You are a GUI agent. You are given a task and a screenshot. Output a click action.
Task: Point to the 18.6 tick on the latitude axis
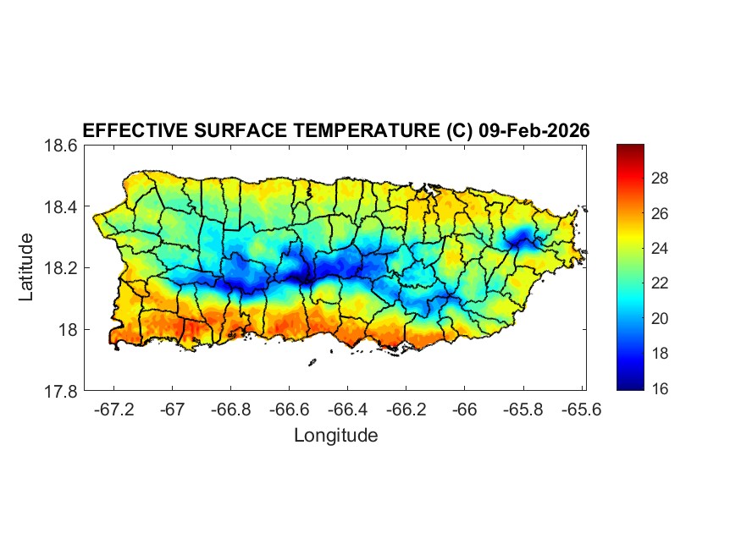[x=61, y=146]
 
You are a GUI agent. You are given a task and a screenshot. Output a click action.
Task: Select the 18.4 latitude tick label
[x=61, y=207]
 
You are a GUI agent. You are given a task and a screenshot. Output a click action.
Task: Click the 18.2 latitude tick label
[x=61, y=268]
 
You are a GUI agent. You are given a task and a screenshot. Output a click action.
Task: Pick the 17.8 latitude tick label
[x=61, y=391]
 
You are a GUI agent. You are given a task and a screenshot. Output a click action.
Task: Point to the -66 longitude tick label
[x=464, y=409]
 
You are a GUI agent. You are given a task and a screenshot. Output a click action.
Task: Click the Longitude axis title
[x=335, y=436]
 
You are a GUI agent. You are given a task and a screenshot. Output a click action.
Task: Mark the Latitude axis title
[x=27, y=267]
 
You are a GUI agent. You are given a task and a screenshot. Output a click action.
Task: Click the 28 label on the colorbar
[x=661, y=179]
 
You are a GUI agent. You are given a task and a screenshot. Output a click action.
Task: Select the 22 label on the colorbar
[x=661, y=283]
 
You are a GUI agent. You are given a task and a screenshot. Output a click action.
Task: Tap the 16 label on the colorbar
[x=661, y=388]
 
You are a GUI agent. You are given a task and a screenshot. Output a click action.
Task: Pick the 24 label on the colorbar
[x=661, y=249]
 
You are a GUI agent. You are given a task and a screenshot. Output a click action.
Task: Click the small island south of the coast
[x=312, y=363]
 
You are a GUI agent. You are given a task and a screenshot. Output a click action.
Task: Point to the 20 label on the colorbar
[x=661, y=318]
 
